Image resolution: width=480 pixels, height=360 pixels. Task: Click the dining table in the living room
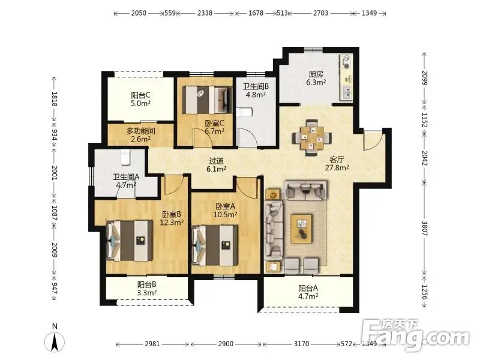click(x=312, y=138)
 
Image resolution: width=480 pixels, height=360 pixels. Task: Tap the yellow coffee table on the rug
click(x=302, y=229)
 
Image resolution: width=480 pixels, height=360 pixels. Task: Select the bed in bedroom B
click(x=129, y=241)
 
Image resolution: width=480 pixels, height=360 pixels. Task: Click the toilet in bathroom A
click(x=125, y=157)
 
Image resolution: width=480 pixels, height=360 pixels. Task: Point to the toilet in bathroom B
click(x=244, y=112)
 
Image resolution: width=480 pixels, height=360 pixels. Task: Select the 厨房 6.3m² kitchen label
click(x=316, y=78)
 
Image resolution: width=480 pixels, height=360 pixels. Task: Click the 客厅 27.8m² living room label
click(x=337, y=163)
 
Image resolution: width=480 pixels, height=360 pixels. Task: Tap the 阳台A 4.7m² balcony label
click(x=308, y=292)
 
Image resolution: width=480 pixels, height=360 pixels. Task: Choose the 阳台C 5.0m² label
click(x=140, y=99)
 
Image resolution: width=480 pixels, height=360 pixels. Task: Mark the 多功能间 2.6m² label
click(x=140, y=135)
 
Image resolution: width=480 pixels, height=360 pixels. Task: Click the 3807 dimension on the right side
click(x=425, y=228)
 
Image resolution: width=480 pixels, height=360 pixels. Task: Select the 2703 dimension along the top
click(x=320, y=13)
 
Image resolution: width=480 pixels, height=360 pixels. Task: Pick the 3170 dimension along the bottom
click(x=302, y=344)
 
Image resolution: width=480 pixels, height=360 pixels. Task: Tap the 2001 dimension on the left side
click(x=55, y=173)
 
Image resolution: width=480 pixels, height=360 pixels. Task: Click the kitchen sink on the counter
click(x=346, y=92)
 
